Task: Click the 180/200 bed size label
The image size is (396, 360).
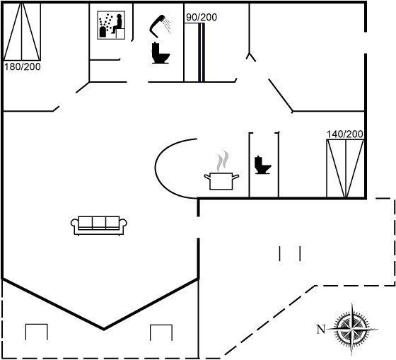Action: [x=22, y=67]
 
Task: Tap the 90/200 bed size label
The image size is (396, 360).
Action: [x=202, y=17]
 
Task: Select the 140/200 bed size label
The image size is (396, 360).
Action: [x=345, y=134]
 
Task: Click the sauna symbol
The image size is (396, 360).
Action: [x=111, y=25]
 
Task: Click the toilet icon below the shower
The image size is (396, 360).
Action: [x=160, y=53]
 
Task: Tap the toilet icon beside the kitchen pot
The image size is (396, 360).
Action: [x=262, y=165]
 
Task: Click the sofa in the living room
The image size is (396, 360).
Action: [x=99, y=226]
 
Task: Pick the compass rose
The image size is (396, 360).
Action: [x=352, y=329]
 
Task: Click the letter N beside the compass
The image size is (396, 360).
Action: [x=321, y=330]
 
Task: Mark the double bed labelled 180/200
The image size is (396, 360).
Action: [x=22, y=32]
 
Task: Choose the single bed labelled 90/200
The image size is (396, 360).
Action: [x=194, y=52]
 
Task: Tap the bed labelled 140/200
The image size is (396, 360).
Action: [x=345, y=168]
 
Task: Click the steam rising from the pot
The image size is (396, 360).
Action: [x=222, y=161]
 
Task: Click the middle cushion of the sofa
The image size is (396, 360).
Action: [x=99, y=223]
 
